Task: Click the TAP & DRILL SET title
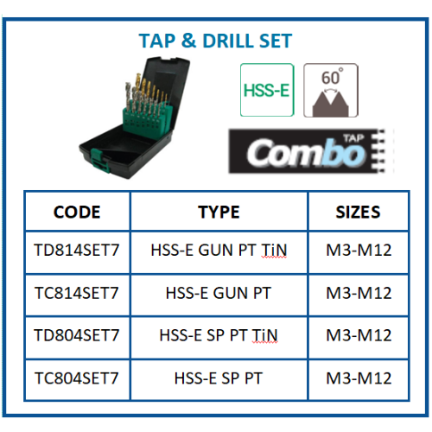215,41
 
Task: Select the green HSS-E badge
267,90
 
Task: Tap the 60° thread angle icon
331,91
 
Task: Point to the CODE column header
77,213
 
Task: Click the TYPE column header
219,213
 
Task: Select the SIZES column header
358,213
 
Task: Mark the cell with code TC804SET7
77,378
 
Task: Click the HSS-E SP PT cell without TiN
219,378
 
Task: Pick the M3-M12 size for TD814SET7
359,250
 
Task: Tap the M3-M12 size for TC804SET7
359,378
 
